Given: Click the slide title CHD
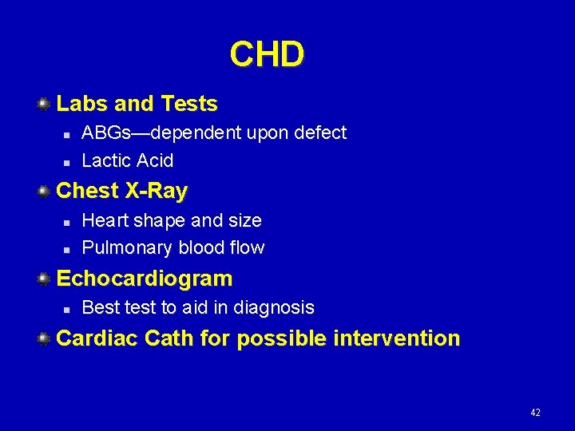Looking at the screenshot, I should point(267,55).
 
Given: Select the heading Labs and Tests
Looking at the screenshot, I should point(137,104).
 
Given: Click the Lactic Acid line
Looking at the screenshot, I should point(128,160).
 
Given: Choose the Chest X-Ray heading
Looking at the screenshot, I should point(122,192).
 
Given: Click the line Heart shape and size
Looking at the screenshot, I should point(172,220).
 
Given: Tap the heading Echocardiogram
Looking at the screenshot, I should point(145,279).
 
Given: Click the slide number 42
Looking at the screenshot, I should point(535,413).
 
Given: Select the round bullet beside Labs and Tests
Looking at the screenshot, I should point(45,104).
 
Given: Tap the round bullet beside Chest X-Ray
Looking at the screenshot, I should point(45,192).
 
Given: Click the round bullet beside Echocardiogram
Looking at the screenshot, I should point(45,279).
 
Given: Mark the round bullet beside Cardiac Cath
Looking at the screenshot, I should point(45,338).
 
